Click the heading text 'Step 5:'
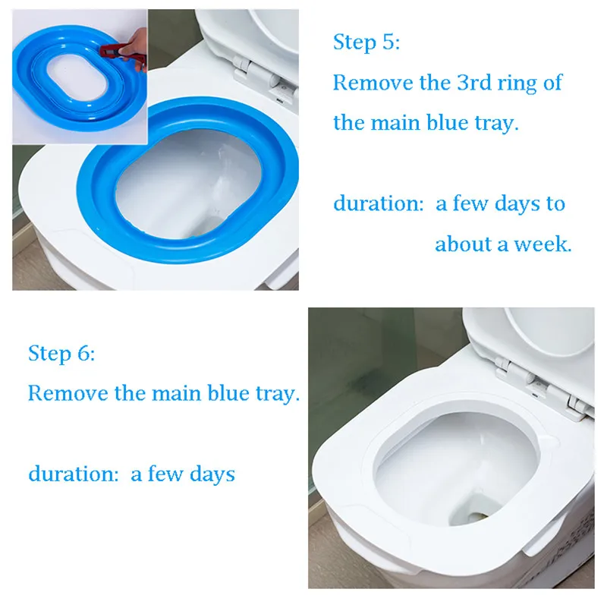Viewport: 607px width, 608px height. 366,42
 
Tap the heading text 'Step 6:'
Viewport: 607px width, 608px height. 61,353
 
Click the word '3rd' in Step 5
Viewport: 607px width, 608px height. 474,83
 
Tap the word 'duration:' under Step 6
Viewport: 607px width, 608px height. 74,474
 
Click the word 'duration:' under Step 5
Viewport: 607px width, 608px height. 379,203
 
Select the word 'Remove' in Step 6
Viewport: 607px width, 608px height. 68,393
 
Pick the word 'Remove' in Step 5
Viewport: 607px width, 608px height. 373,83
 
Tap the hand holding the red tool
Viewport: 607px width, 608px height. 136,49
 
